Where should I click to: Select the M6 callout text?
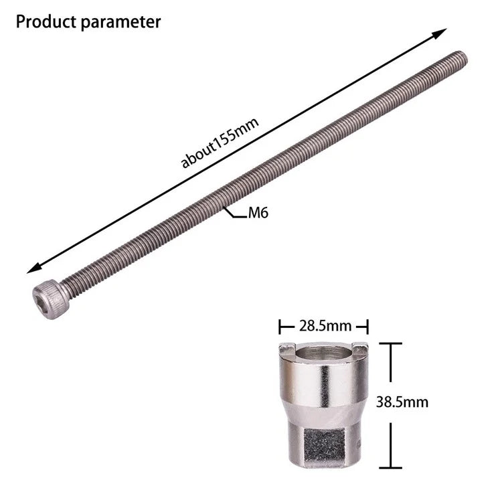tap(258, 214)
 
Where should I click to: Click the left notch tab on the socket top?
tap(286, 347)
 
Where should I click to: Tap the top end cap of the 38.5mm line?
tap(390, 343)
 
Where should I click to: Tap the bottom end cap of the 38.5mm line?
tap(390, 468)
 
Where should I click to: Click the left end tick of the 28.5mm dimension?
tap(280, 327)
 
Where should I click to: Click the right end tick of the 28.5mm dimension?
tap(367, 327)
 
